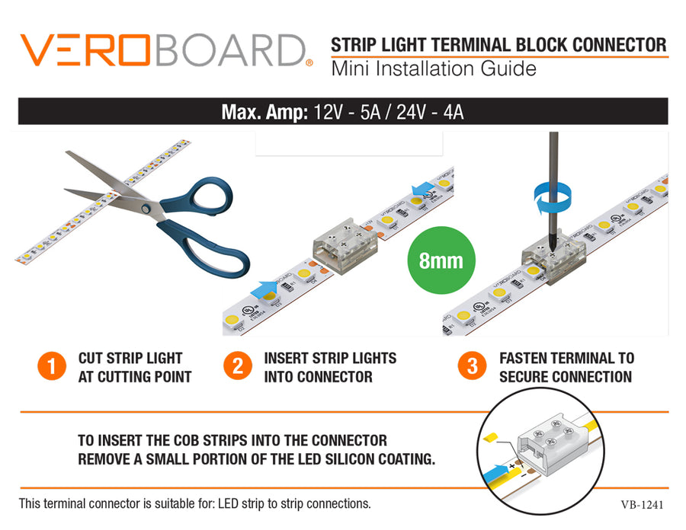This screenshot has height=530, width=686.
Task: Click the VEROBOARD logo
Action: (x=165, y=49)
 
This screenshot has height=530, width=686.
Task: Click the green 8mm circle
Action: (x=441, y=260)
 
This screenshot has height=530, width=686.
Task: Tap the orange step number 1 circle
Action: (x=52, y=366)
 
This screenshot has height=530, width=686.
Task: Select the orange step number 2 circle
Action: (x=238, y=366)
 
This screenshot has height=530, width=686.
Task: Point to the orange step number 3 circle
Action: (x=472, y=366)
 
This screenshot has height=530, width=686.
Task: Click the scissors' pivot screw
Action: (x=146, y=207)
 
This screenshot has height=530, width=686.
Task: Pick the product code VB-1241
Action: (x=643, y=504)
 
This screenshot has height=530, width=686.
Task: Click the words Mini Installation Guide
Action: (x=433, y=69)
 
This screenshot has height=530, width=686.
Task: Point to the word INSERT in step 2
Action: (x=287, y=358)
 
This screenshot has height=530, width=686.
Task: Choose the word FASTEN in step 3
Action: (x=525, y=358)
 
